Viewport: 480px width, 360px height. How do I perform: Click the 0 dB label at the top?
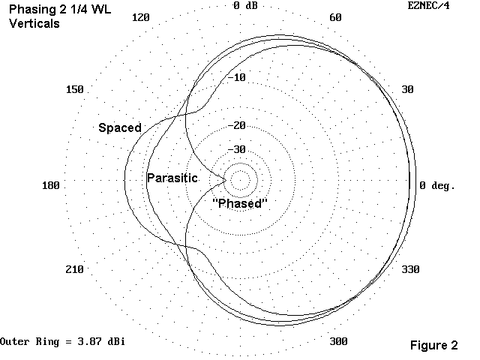248,6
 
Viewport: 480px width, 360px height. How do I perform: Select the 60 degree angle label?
335,18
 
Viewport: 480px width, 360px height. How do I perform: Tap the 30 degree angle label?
407,89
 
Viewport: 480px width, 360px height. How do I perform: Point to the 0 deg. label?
437,184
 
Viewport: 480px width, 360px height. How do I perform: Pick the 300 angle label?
338,342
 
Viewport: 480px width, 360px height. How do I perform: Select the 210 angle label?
74,269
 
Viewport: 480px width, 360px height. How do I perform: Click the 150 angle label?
74,89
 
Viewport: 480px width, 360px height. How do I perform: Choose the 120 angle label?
140,18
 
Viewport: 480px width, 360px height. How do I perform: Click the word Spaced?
120,128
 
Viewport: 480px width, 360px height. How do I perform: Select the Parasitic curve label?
172,178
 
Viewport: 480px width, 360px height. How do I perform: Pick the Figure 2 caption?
433,346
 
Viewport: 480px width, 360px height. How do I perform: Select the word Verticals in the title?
34,23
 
